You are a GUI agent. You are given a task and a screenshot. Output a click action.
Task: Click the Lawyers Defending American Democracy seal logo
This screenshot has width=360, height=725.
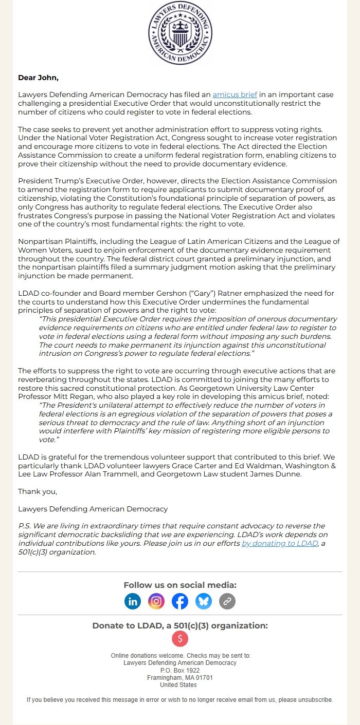click(x=180, y=33)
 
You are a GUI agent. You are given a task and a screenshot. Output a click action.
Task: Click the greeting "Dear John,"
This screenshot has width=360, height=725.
click(x=38, y=78)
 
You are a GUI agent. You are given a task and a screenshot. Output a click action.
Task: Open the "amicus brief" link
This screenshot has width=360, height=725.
click(x=235, y=95)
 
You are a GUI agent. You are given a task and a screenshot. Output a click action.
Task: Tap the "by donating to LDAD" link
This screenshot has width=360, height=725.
click(x=280, y=543)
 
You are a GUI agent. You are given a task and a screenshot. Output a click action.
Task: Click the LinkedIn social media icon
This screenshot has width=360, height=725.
click(x=133, y=601)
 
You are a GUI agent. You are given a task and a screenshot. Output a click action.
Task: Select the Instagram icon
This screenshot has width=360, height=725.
click(x=156, y=601)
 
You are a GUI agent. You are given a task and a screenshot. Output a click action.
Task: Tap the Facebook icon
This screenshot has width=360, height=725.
click(x=180, y=601)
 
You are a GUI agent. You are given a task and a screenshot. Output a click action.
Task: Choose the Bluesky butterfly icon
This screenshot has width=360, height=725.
click(x=204, y=601)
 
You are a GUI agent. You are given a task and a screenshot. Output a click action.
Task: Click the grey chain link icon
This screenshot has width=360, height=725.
click(x=227, y=601)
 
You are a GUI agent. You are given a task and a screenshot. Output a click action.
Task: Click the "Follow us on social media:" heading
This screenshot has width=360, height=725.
click(x=180, y=585)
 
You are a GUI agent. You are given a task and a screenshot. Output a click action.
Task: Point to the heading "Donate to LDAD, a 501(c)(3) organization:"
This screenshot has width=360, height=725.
click(x=180, y=626)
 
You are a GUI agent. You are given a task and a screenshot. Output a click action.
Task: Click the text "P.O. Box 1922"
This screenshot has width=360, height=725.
click(x=180, y=670)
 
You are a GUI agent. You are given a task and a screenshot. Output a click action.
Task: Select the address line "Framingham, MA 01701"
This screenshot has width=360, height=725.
click(x=180, y=678)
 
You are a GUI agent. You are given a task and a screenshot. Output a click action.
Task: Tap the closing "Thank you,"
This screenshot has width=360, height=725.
click(x=38, y=491)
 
